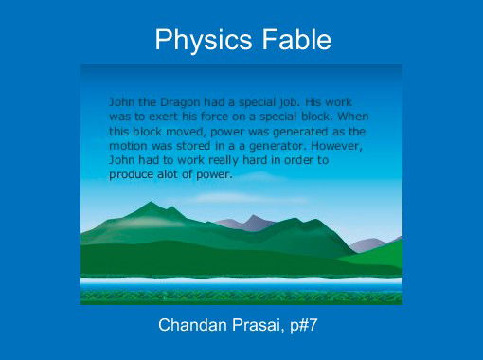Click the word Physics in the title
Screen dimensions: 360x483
click(195, 41)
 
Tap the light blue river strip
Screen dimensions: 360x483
click(241, 282)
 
